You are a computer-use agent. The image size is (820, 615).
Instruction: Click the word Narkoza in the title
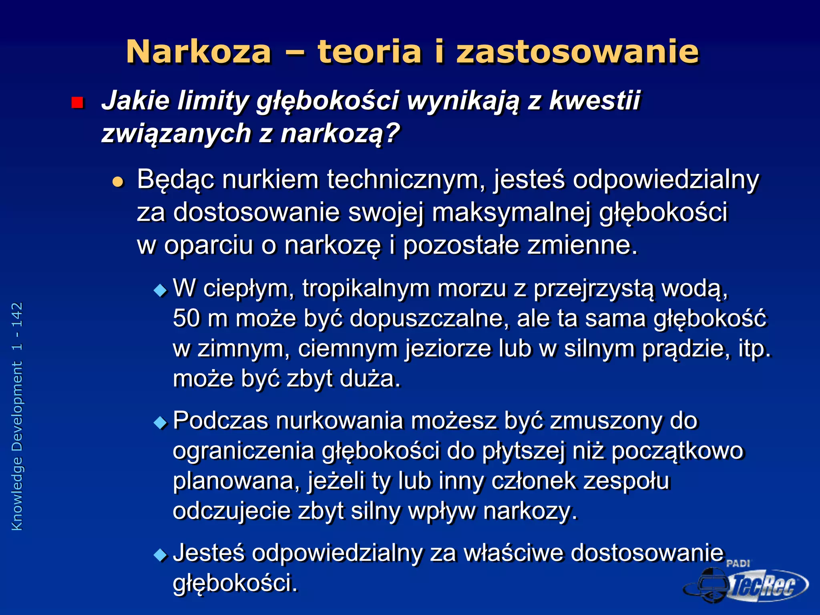coord(199,52)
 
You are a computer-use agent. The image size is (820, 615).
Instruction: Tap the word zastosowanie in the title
coord(577,52)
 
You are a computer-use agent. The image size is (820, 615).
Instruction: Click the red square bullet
coord(77,103)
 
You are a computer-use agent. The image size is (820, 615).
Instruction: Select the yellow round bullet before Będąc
coord(118,182)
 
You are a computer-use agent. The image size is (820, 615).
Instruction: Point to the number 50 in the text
coord(186,319)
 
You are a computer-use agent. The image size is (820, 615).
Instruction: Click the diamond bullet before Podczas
coord(161,422)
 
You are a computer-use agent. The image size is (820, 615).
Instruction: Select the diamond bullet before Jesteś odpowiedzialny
coord(161,555)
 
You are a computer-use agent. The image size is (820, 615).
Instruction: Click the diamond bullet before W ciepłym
coord(161,290)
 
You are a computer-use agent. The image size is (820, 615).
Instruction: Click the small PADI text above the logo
coord(738,563)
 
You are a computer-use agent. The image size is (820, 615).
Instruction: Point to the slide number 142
coord(17,316)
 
